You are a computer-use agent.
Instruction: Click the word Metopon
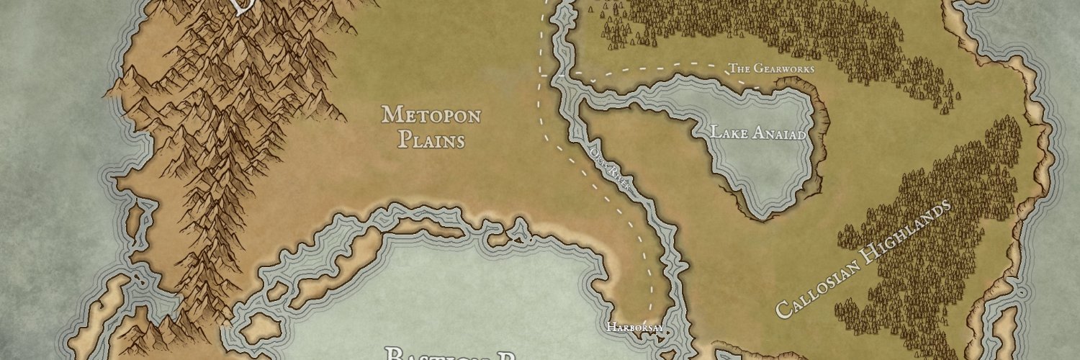point(431,114)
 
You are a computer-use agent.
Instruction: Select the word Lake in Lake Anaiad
point(726,132)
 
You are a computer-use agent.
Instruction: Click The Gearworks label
point(770,69)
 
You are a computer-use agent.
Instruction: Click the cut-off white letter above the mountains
point(241,7)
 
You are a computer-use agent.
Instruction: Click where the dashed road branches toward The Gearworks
point(542,75)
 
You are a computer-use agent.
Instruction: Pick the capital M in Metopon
point(390,114)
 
